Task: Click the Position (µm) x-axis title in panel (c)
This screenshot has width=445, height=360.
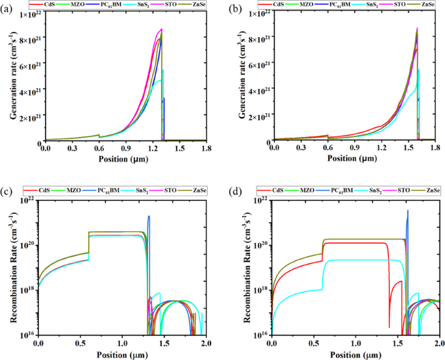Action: pyautogui.click(x=122, y=354)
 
